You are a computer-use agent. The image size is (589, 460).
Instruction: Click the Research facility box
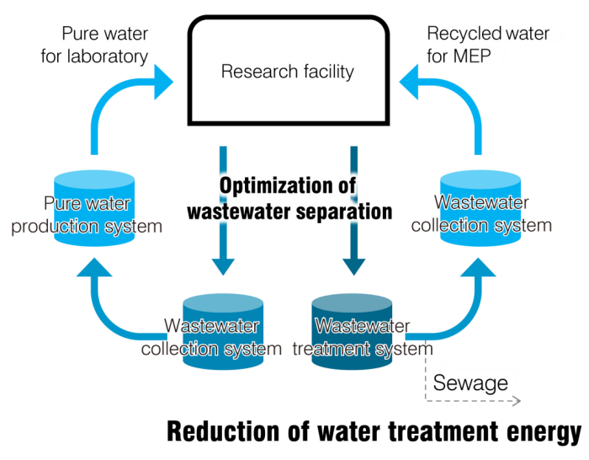pos(287,71)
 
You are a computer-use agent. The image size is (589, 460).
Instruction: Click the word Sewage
pos(471,383)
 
